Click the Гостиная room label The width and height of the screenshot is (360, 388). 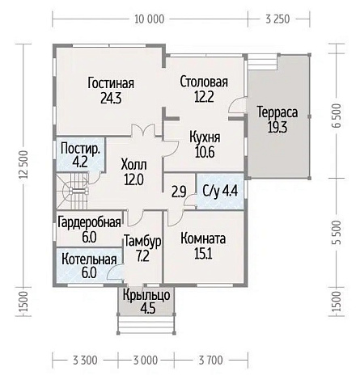(x=110, y=84)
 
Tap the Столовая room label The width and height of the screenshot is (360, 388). (x=203, y=82)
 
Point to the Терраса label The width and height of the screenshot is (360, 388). (x=277, y=112)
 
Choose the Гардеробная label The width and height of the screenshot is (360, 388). (x=89, y=222)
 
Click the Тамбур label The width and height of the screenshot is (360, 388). (x=142, y=241)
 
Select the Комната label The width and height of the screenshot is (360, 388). (x=203, y=239)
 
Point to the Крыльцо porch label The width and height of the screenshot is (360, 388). (x=146, y=296)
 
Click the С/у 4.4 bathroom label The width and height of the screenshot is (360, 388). (x=218, y=192)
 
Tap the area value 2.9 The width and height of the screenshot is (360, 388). (x=179, y=192)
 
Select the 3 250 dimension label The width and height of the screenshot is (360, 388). (x=277, y=19)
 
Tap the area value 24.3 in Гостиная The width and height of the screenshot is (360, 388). (x=110, y=99)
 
